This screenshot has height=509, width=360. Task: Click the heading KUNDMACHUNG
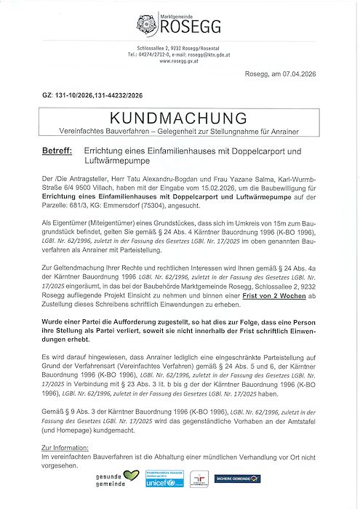[x=180, y=118]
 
